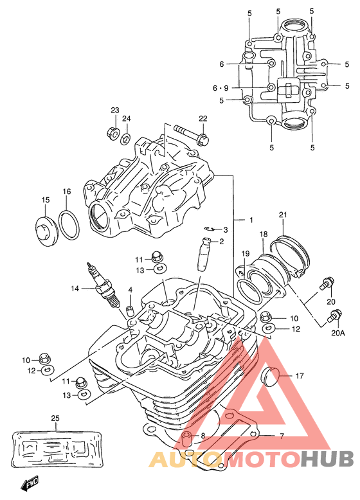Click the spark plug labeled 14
[x=103, y=284]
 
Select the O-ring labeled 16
[x=69, y=225]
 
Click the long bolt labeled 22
[x=192, y=134]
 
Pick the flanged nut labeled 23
[x=113, y=132]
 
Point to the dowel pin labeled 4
[x=130, y=310]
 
